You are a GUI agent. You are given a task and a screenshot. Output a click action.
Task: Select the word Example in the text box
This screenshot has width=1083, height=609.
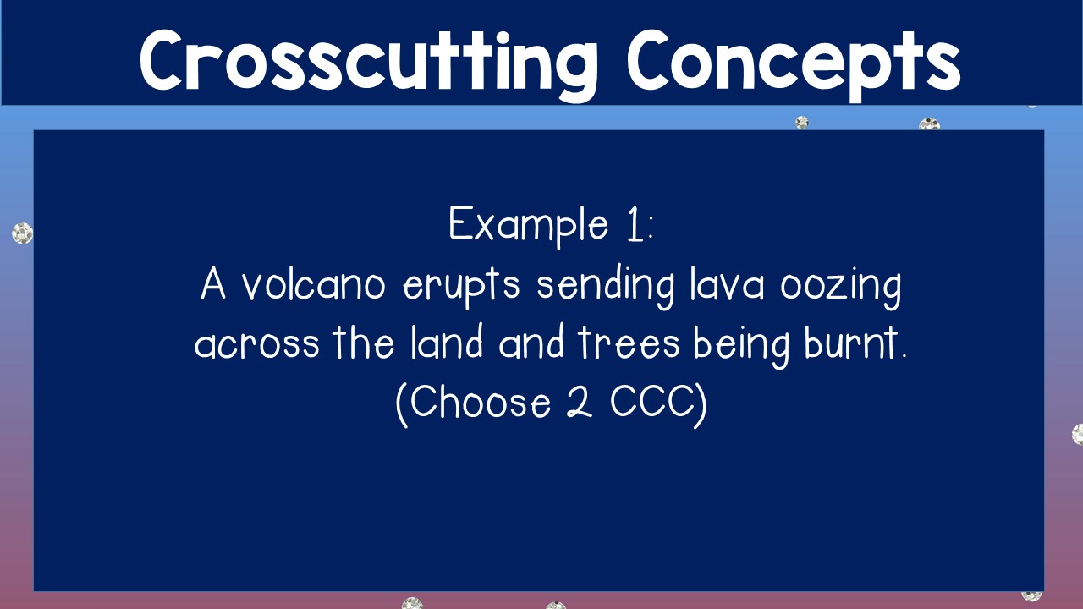click(528, 225)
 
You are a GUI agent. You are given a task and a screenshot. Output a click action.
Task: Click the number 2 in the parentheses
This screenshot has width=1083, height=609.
click(578, 403)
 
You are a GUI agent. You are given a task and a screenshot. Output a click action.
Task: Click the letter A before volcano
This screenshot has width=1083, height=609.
click(214, 286)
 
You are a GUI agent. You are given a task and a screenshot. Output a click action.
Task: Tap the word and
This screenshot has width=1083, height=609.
click(531, 343)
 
